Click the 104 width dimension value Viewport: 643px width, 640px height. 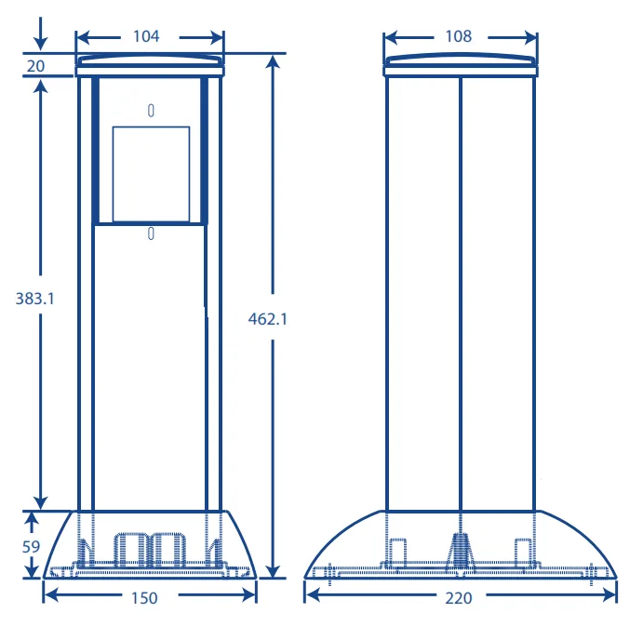tap(146, 36)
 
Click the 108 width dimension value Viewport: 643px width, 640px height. tap(459, 36)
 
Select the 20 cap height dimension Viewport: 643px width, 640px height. tap(35, 66)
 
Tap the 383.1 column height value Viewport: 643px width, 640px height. tap(34, 299)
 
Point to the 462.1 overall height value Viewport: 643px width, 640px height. tap(267, 319)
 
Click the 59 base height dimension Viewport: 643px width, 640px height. tap(31, 547)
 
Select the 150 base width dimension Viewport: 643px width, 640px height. tap(144, 598)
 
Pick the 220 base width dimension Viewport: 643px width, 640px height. tap(459, 598)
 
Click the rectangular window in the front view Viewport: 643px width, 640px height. tap(151, 174)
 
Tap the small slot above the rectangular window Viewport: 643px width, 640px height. tap(151, 111)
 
